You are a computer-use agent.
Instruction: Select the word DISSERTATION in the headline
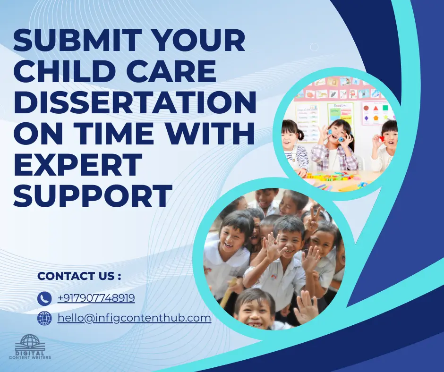point(135,103)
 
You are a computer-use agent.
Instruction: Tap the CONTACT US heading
point(79,276)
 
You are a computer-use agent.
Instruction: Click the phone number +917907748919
point(96,298)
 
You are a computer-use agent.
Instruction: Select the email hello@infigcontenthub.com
point(134,318)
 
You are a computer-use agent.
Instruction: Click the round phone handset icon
point(44,298)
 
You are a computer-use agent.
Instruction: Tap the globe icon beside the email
point(44,319)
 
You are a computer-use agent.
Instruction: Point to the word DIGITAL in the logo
point(31,353)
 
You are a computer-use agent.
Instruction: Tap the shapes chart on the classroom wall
point(377,113)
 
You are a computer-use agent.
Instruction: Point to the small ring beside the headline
point(314,47)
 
